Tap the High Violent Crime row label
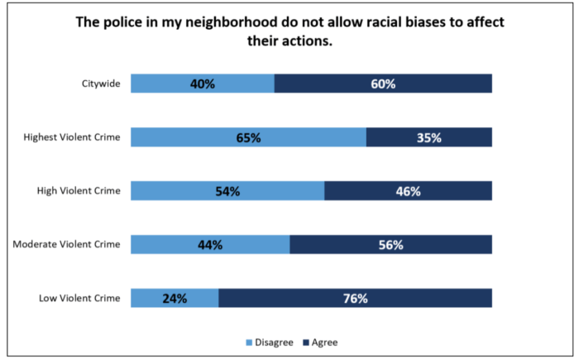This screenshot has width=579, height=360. tap(79, 191)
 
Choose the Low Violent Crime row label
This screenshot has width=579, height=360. tap(80, 298)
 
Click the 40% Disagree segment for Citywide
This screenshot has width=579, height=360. tap(203, 84)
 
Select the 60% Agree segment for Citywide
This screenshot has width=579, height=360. tap(383, 84)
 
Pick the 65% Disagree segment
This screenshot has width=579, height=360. tap(248, 137)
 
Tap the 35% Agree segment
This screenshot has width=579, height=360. tap(429, 137)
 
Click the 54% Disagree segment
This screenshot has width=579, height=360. tap(227, 191)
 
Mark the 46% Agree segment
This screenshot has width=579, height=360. tap(408, 191)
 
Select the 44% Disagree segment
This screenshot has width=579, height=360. tap(210, 244)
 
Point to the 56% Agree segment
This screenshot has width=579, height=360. tap(390, 244)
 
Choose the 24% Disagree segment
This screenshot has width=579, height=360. tap(175, 298)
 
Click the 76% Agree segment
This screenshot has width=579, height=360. tap(355, 298)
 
